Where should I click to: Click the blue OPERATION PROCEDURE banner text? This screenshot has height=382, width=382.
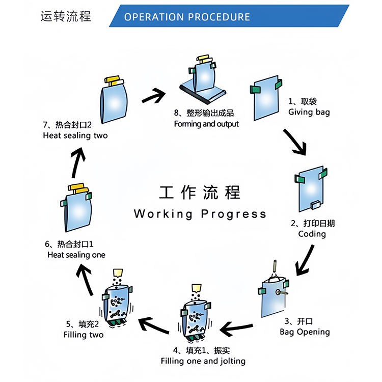coord(187,17)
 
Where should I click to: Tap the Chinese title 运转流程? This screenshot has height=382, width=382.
coord(66,16)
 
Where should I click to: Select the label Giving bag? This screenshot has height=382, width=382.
coord(309,112)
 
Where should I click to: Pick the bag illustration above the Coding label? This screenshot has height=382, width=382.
coord(311,187)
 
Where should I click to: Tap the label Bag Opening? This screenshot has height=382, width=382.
coord(305,332)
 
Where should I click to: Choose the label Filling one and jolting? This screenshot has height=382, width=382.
coord(203,361)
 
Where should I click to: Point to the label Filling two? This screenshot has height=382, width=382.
coord(84,335)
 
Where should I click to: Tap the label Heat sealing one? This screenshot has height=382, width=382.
coord(76,255)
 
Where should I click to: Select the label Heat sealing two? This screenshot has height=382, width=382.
coord(75,135)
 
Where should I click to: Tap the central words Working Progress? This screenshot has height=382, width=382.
coord(200,213)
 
